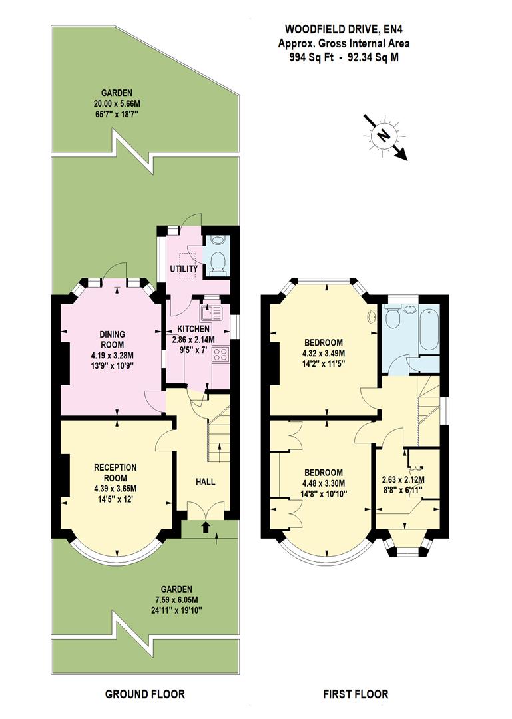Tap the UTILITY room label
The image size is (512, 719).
tap(184, 269)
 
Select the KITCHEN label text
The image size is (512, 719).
tap(194, 329)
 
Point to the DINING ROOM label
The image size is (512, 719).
tap(113, 339)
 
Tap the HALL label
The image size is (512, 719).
tap(206, 481)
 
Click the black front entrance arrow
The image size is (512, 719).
tap(205, 528)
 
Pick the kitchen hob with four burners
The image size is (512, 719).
tap(220, 355)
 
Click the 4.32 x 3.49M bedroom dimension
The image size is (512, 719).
tap(324, 353)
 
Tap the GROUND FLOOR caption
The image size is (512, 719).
tap(145, 694)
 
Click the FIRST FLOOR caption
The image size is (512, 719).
tap(356, 694)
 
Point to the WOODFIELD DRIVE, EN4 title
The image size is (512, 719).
tap(343, 29)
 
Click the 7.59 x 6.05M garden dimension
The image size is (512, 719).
tap(176, 600)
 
